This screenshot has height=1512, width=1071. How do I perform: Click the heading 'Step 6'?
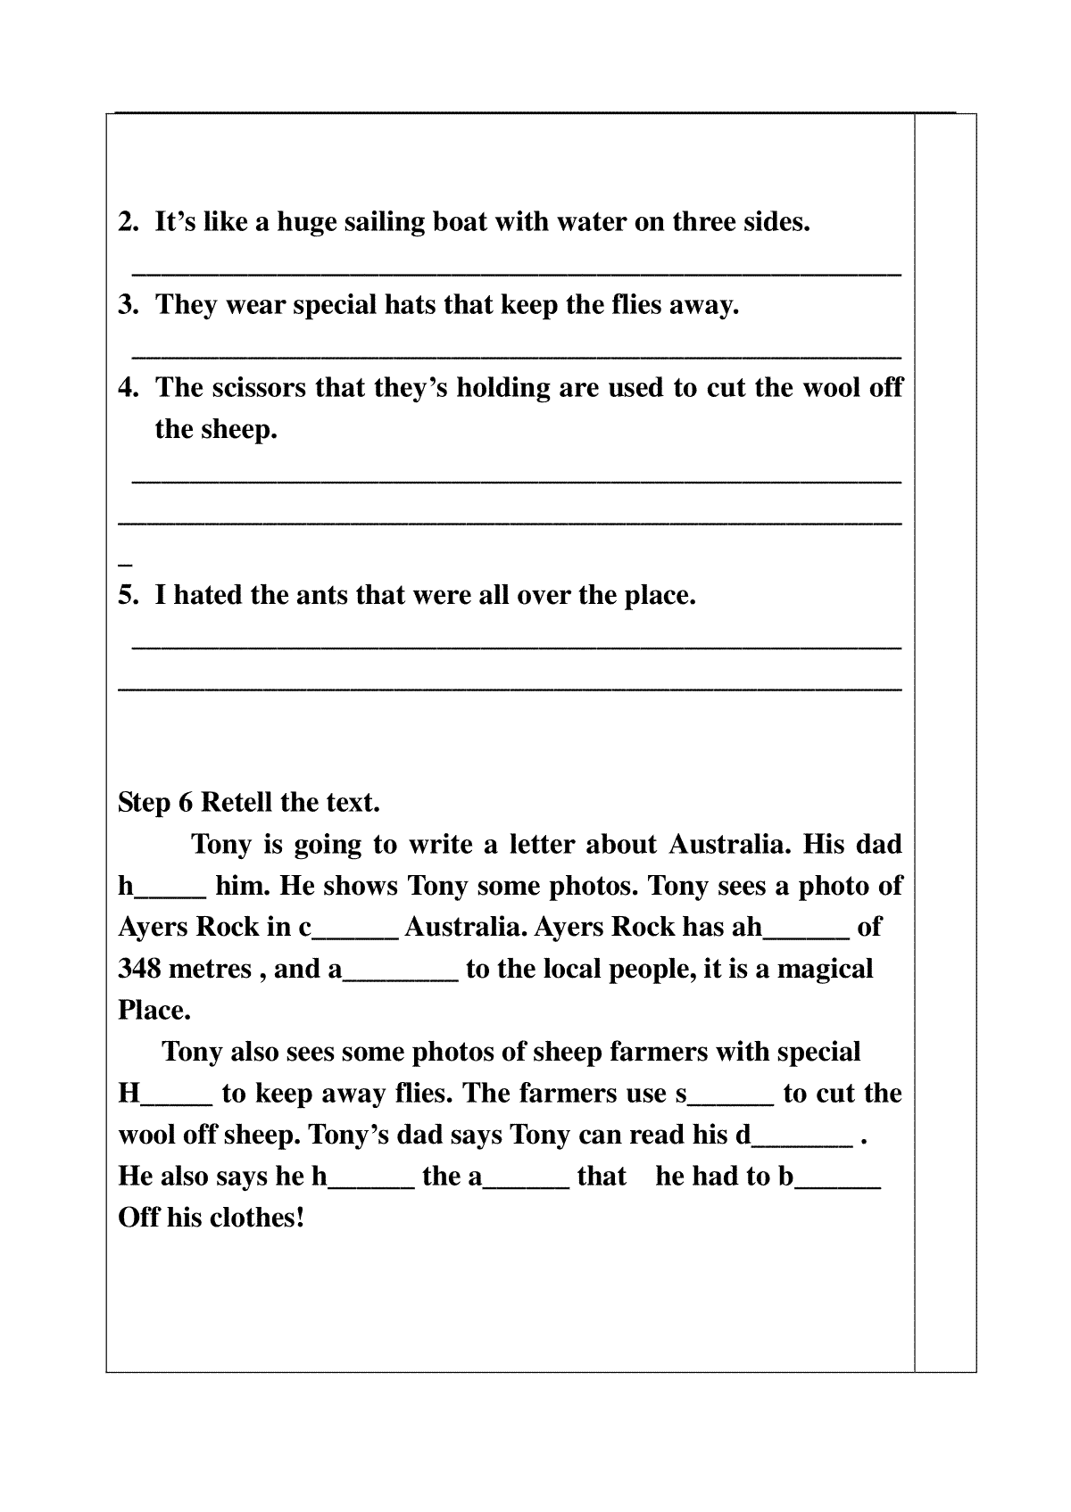(x=155, y=802)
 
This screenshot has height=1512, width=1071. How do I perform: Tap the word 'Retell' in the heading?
(x=236, y=802)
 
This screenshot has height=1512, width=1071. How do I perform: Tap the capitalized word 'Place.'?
(x=154, y=1010)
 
